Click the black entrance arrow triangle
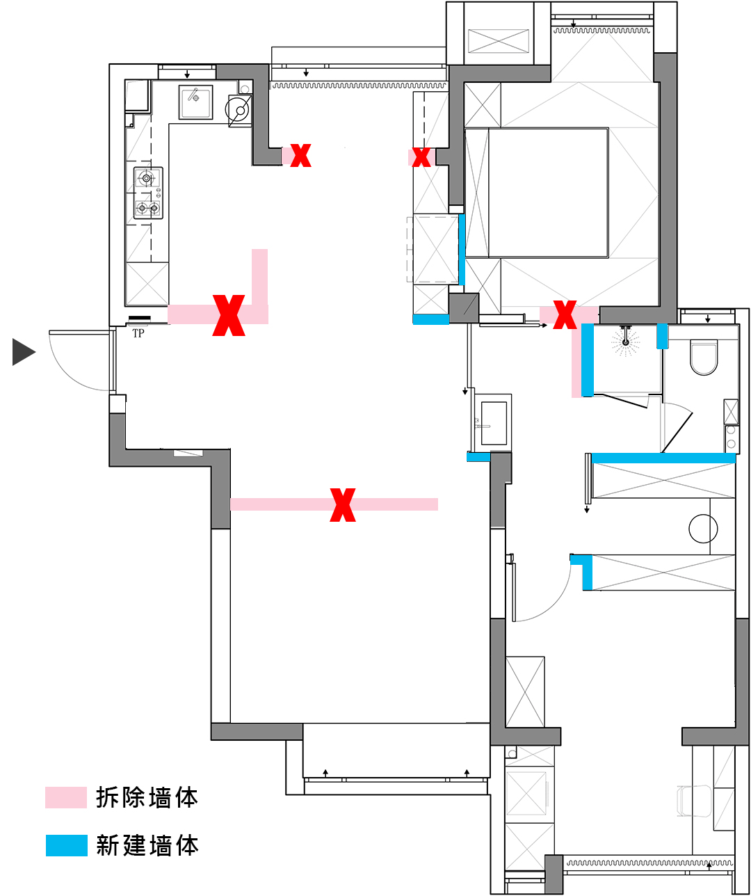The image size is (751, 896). tap(23, 352)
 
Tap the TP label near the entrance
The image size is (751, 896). tap(138, 333)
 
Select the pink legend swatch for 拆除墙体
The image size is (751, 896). tap(66, 797)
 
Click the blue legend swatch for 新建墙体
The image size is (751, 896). tap(66, 845)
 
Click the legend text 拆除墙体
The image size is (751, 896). tap(147, 797)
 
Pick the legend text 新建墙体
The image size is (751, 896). tap(147, 845)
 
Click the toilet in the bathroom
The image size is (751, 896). tap(703, 357)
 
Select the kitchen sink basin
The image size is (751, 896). tap(196, 102)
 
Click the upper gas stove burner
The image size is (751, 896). tap(147, 179)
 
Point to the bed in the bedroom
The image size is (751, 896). tap(547, 193)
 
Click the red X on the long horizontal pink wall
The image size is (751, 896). tap(343, 504)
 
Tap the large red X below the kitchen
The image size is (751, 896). tap(229, 315)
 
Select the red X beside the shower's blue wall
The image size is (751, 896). tap(565, 314)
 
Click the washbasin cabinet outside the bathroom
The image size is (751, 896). tap(493, 422)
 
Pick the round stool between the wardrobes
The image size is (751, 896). tap(703, 529)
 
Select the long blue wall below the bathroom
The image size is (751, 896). tap(663, 458)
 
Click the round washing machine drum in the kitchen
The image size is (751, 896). tap(239, 110)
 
